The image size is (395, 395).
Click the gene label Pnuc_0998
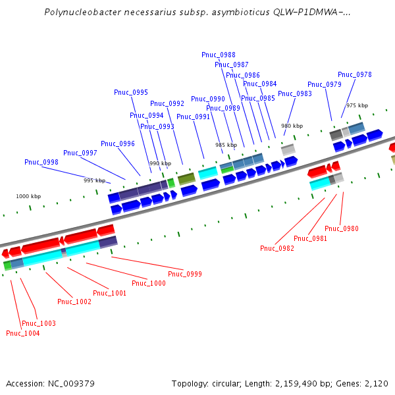[x=41, y=162]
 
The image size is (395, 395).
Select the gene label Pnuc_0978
[x=355, y=75]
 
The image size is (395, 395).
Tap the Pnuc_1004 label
[x=23, y=333]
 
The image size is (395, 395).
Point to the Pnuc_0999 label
[x=185, y=274]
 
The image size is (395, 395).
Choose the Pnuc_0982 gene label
[x=277, y=248]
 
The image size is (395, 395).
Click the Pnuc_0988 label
[x=219, y=55]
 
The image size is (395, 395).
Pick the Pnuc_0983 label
[x=295, y=93]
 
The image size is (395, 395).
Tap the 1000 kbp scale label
[x=28, y=196]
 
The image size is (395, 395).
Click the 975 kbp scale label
[x=357, y=105]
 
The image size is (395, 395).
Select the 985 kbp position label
[x=226, y=145]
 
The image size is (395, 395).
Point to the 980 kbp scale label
[x=292, y=126]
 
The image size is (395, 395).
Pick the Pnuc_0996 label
[x=118, y=144]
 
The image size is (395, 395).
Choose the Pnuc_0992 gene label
[x=167, y=103]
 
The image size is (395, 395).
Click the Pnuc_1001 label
[x=109, y=293]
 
